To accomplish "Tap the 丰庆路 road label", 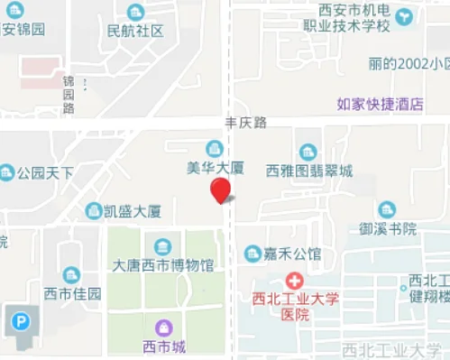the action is point(245,123).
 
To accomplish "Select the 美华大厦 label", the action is point(215,168).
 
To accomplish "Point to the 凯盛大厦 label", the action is point(133,211).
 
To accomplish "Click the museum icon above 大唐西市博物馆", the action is point(162,246).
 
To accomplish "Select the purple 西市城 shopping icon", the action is point(162,328).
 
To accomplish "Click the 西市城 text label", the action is point(164,346).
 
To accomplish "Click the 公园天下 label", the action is point(45,171).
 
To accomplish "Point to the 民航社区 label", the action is point(135,31).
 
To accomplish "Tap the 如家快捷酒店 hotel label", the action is point(380,104).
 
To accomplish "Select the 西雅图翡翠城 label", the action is point(309,170).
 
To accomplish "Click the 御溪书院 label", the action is point(388,228).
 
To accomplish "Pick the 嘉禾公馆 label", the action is point(294,253).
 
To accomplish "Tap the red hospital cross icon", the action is point(294,281).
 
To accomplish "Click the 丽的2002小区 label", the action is point(409,64).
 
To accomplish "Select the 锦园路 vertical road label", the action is point(69,95).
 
